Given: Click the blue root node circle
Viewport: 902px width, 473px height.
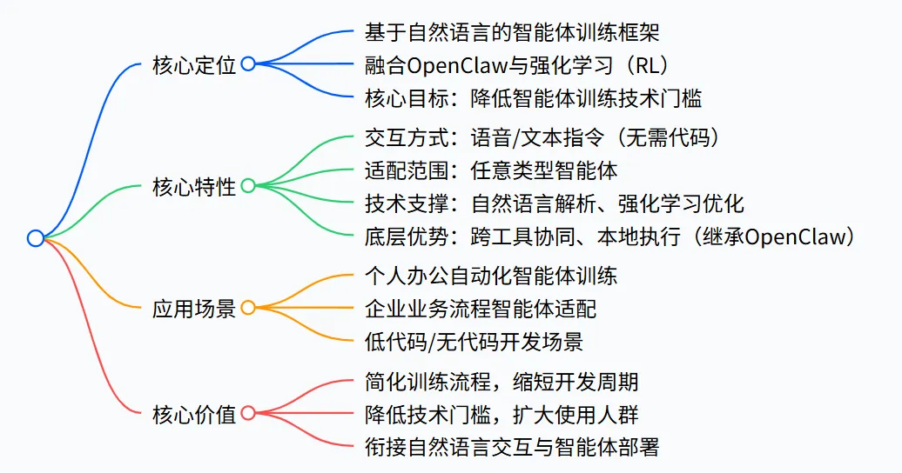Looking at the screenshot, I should pos(35,237).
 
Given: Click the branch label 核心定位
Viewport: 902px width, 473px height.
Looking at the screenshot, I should pos(193,64).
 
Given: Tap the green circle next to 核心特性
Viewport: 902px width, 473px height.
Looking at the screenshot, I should pos(248,185).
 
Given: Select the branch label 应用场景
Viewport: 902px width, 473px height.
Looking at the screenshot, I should pos(193,308).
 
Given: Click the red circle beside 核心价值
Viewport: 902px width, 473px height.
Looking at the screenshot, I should pos(248,413).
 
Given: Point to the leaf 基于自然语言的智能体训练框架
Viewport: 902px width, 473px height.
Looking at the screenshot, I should pos(510,32).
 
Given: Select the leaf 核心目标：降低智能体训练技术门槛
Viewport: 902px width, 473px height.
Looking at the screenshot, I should pos(534,97).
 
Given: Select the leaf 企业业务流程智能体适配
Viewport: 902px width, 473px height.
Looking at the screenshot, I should pos(481,308).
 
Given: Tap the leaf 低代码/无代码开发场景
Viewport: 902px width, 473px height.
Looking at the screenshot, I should pos(475,340).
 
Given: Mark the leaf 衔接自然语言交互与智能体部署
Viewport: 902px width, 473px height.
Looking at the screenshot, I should pos(512,446).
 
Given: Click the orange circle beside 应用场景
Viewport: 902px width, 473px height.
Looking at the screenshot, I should pos(248,308).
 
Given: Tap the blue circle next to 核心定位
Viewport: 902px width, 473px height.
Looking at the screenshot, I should pos(248,64).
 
